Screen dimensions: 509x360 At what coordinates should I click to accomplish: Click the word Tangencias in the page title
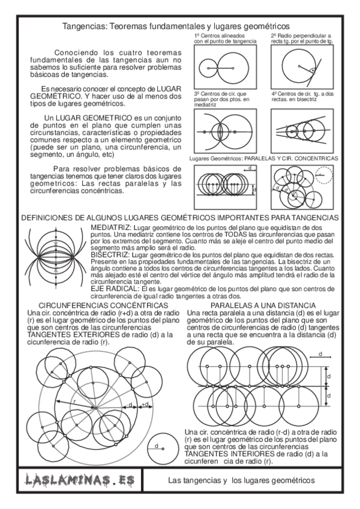(84, 26)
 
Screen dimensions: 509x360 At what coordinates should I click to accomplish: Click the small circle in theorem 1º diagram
(208, 70)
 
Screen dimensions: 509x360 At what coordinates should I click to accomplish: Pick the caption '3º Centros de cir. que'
(217, 94)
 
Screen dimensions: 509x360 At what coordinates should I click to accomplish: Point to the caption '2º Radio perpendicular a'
(298, 36)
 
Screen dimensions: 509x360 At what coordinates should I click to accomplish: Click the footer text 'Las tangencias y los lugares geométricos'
(242, 481)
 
